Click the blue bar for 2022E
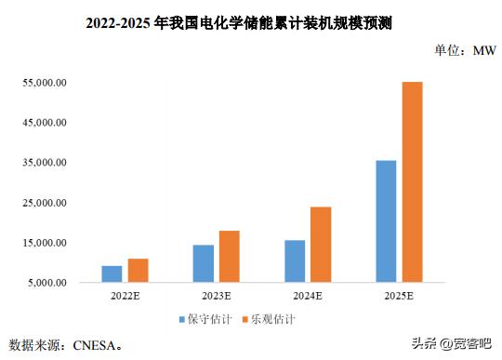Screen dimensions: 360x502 click(112, 273)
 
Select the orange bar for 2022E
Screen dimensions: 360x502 click(138, 270)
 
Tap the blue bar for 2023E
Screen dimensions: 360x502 click(203, 263)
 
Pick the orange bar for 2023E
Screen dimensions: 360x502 click(229, 256)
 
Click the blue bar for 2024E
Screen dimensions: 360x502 click(294, 260)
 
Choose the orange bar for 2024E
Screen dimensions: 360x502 click(320, 244)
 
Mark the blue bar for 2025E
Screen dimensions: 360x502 click(385, 220)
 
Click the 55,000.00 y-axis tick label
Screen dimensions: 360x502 click(45, 83)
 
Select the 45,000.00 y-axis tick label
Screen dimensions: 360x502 click(45, 123)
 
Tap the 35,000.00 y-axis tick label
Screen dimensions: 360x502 click(45, 163)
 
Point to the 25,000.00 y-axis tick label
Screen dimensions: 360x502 click(45, 203)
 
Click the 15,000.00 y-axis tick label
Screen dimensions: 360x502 click(45, 243)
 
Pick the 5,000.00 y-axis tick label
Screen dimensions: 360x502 click(47, 283)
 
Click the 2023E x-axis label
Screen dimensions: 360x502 click(216, 297)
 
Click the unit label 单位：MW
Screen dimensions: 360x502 click(465, 51)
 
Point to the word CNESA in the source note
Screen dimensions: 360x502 click(92, 345)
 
